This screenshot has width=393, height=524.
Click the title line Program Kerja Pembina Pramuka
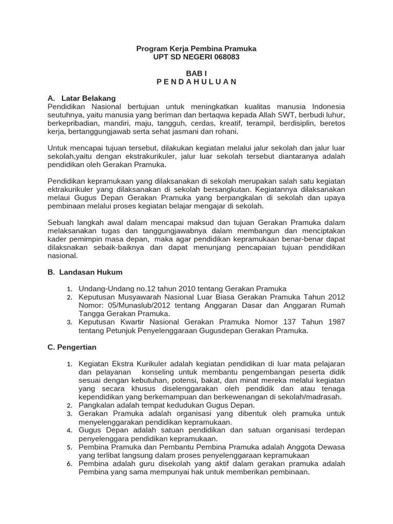pyautogui.click(x=196, y=49)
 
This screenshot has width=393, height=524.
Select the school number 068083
pyautogui.click(x=226, y=57)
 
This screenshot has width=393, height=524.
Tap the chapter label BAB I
pyautogui.click(x=196, y=74)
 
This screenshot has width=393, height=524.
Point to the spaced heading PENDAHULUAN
pyautogui.click(x=196, y=82)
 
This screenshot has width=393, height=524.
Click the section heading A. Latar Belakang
pyautogui.click(x=81, y=98)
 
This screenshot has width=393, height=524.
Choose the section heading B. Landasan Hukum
pyautogui.click(x=85, y=272)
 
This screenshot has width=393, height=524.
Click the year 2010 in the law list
pyautogui.click(x=161, y=289)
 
